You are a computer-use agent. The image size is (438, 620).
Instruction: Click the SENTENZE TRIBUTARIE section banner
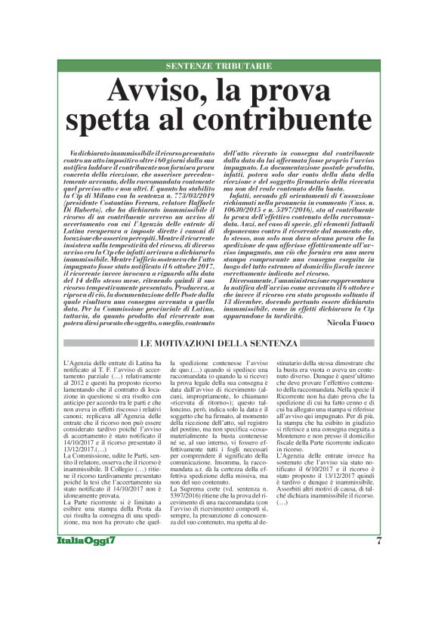(218, 67)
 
